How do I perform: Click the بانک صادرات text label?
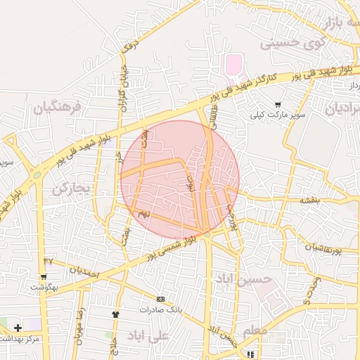[x=160, y=310]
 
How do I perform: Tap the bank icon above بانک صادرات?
[x=160, y=300]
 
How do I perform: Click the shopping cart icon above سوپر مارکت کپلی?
[x=278, y=104]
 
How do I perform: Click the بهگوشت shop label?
[x=44, y=287]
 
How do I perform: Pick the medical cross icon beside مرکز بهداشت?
[x=18, y=328]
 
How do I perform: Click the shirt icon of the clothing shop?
[x=115, y=314]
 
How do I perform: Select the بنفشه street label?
[x=309, y=200]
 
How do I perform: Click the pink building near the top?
[x=232, y=66]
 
